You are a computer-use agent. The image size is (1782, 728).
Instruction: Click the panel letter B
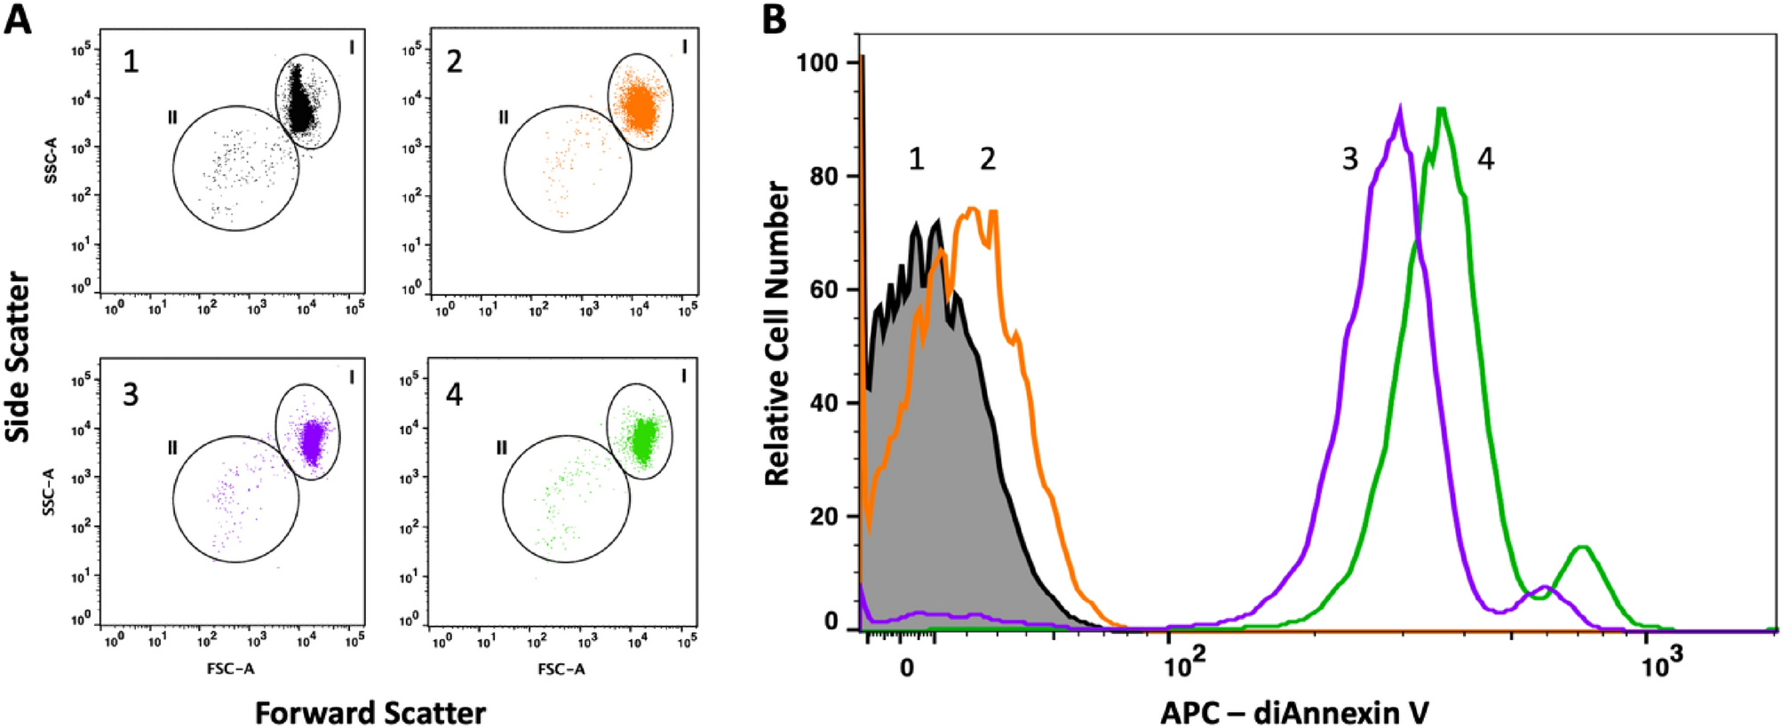[774, 19]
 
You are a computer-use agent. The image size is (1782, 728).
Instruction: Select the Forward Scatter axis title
[370, 713]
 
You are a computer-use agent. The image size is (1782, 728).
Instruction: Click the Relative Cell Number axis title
[777, 333]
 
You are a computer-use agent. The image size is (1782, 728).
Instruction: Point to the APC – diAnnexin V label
[1294, 712]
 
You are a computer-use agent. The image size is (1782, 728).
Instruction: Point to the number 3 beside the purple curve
[1349, 160]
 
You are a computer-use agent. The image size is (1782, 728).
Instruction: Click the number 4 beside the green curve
[1485, 160]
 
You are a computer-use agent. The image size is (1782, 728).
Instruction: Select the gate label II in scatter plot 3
[173, 447]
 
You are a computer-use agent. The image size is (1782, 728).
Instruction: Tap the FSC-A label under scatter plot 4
[561, 669]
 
